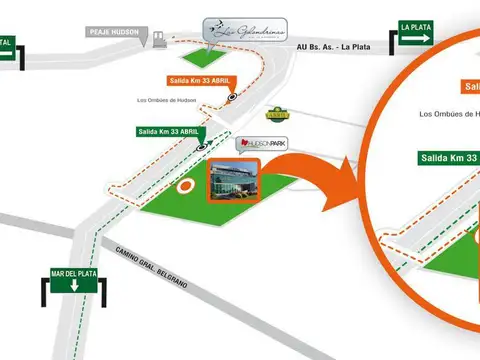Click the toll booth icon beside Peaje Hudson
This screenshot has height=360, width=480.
[158, 39]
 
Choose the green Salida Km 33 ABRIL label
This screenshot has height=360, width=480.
[169, 131]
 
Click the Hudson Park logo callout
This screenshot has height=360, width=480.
[261, 144]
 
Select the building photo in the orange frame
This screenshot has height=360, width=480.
[234, 181]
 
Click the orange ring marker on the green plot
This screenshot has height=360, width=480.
[184, 185]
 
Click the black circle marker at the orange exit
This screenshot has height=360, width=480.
[232, 97]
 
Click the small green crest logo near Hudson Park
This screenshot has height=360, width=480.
[277, 114]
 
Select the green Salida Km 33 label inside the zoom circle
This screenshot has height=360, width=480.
[448, 158]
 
